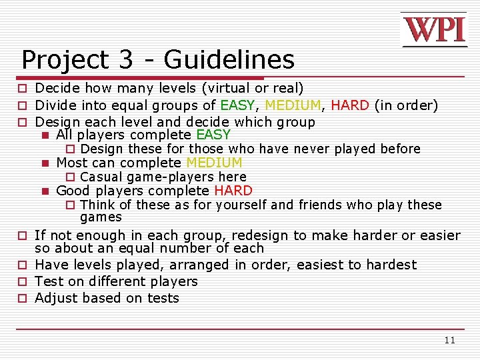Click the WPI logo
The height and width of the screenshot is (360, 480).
click(x=434, y=30)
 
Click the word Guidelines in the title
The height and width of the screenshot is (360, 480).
click(x=229, y=60)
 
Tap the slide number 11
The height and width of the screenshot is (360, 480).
click(x=449, y=341)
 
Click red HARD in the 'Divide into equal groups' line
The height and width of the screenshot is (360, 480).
click(x=350, y=105)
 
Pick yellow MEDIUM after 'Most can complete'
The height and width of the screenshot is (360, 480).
click(x=214, y=163)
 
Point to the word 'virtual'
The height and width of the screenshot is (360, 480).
click(x=229, y=88)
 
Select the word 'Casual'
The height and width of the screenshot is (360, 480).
click(x=101, y=177)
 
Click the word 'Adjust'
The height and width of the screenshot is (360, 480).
click(x=55, y=298)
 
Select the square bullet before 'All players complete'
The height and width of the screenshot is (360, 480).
click(x=45, y=135)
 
